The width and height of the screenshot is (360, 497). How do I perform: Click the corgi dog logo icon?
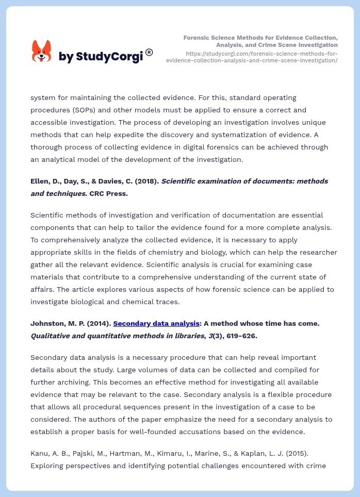42,52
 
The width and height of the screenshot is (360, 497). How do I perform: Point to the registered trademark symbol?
149,52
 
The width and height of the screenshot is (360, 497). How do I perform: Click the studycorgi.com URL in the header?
252,57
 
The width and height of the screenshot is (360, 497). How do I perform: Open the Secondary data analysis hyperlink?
156,323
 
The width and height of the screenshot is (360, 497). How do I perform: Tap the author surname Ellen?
40,181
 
